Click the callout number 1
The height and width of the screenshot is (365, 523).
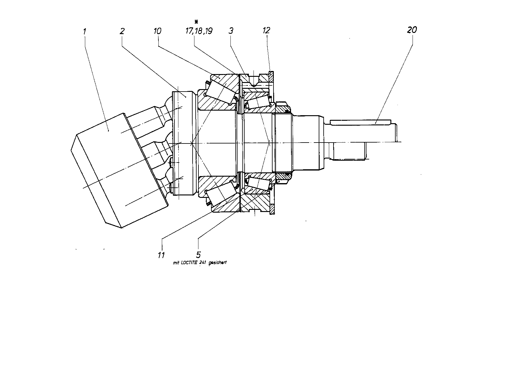pos(85,32)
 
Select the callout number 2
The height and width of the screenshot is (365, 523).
pos(122,31)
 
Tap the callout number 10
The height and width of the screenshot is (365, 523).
pos(158,31)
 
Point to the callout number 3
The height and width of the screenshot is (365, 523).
pos(231,31)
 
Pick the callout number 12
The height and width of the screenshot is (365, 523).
pos(266,30)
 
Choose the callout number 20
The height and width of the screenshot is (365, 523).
pos(412,30)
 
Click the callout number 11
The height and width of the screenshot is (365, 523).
pos(161,255)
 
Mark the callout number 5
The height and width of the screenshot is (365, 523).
pos(198,254)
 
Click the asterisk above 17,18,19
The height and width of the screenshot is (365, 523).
pos(196,22)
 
